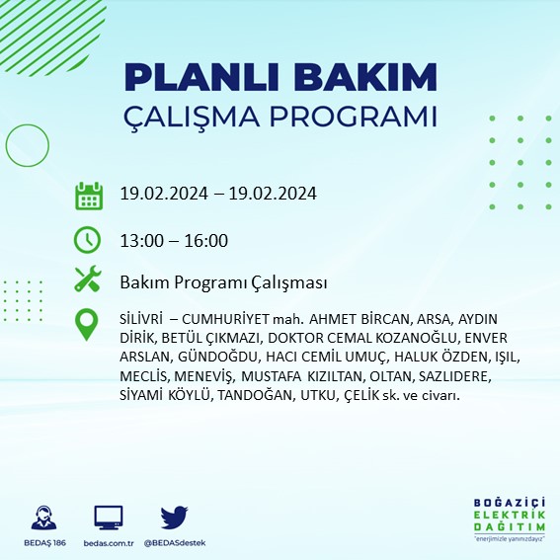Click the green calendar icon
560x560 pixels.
click(89, 195)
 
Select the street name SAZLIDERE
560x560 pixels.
click(454, 376)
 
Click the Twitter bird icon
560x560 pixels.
click(174, 518)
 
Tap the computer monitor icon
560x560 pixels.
click(109, 518)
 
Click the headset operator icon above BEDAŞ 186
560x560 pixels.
click(43, 518)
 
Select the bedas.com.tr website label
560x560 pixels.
click(109, 544)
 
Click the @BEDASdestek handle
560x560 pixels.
click(174, 544)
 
